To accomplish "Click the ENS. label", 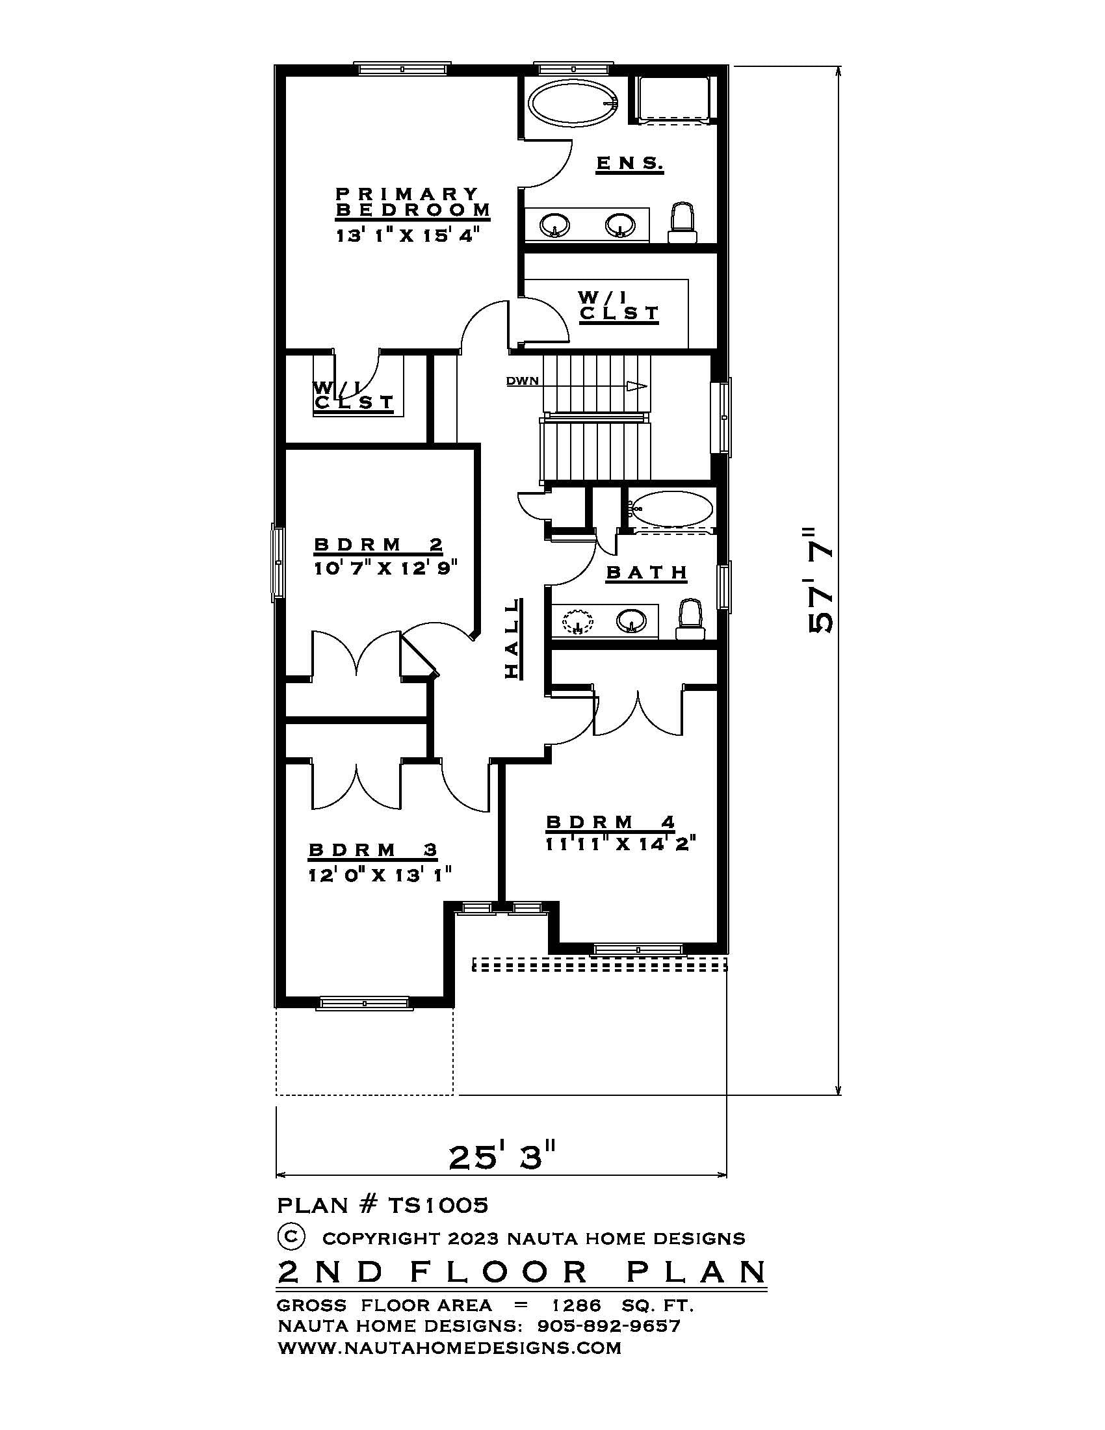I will tap(630, 163).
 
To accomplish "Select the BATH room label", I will tap(647, 573).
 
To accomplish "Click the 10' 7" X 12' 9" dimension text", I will tap(384, 567).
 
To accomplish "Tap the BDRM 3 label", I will tap(373, 850).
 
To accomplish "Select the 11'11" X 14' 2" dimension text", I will tap(619, 844).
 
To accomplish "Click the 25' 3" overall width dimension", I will tap(502, 1158).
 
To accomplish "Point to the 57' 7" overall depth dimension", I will tap(820, 578).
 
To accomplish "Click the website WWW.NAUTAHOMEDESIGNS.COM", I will tap(449, 1347).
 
